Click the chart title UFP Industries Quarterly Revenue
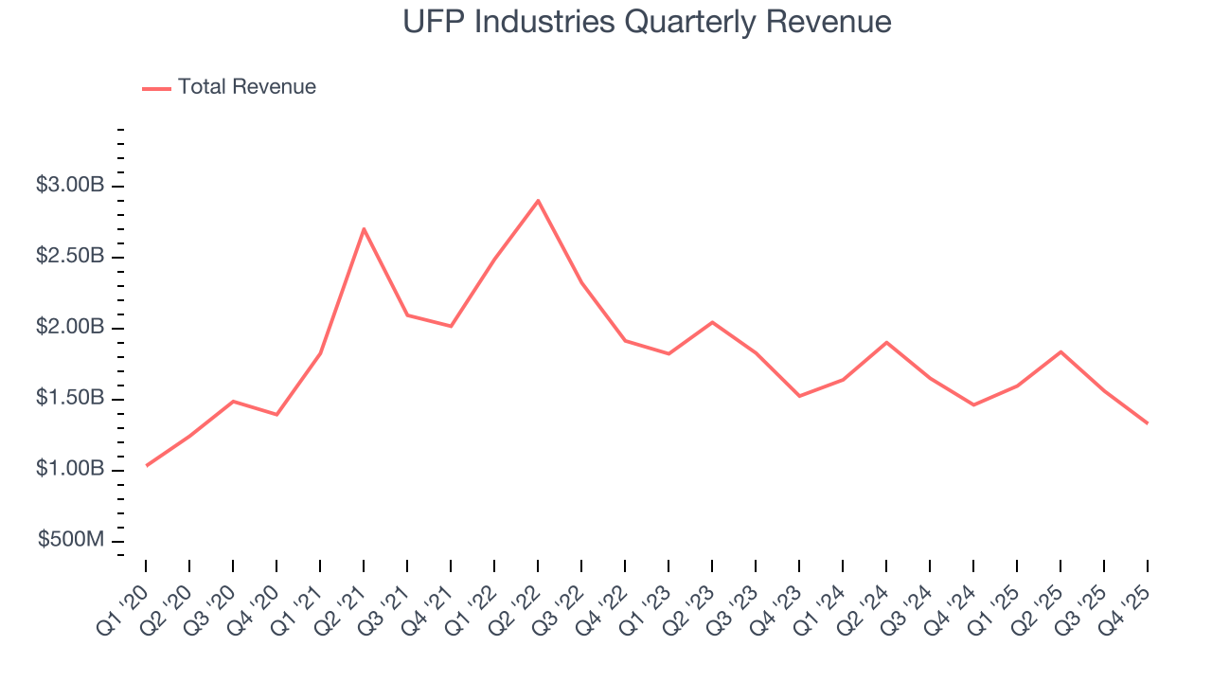click(647, 21)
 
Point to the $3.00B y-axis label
click(70, 186)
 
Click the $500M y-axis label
click(71, 540)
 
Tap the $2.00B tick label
click(70, 328)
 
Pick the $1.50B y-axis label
click(70, 399)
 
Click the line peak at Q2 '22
click(538, 200)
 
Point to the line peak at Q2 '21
click(364, 228)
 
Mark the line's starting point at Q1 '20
click(146, 465)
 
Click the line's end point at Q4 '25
click(1148, 423)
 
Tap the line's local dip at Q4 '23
click(799, 396)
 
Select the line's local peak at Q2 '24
click(886, 342)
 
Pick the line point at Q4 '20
click(276, 415)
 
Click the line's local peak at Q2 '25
click(1060, 351)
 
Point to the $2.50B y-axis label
click(70, 257)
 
